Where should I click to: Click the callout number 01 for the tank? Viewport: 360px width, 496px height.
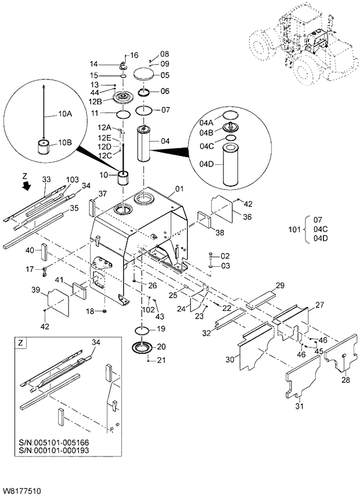(179, 189)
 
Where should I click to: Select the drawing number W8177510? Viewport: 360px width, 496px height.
(21, 491)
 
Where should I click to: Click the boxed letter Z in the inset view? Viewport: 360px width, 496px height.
(21, 343)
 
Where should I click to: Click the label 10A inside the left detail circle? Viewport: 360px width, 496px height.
(64, 114)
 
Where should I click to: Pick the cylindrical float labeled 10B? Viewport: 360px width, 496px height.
(42, 146)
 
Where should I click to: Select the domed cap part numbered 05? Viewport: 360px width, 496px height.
(145, 74)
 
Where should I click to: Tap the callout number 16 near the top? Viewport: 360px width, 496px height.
(135, 55)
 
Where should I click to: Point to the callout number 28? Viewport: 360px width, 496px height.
(345, 380)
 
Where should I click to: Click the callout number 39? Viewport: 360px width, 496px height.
(35, 289)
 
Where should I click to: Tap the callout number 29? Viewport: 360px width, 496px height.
(279, 285)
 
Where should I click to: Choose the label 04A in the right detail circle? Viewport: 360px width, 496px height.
(207, 122)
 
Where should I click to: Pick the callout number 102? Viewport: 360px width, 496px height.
(148, 309)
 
